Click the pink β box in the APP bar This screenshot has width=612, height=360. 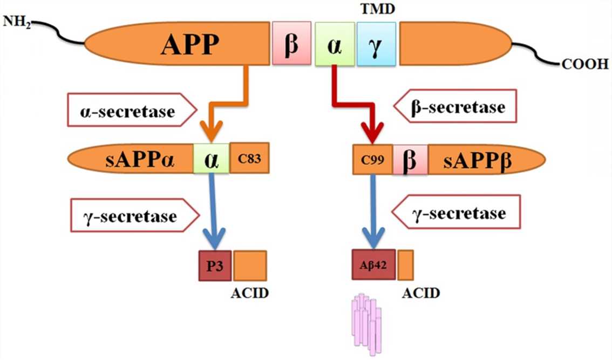click(x=291, y=43)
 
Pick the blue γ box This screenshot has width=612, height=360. click(x=376, y=44)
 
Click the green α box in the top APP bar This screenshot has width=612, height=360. click(x=335, y=44)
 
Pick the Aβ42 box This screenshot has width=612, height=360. click(x=373, y=265)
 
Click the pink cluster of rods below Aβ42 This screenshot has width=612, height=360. click(x=368, y=324)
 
